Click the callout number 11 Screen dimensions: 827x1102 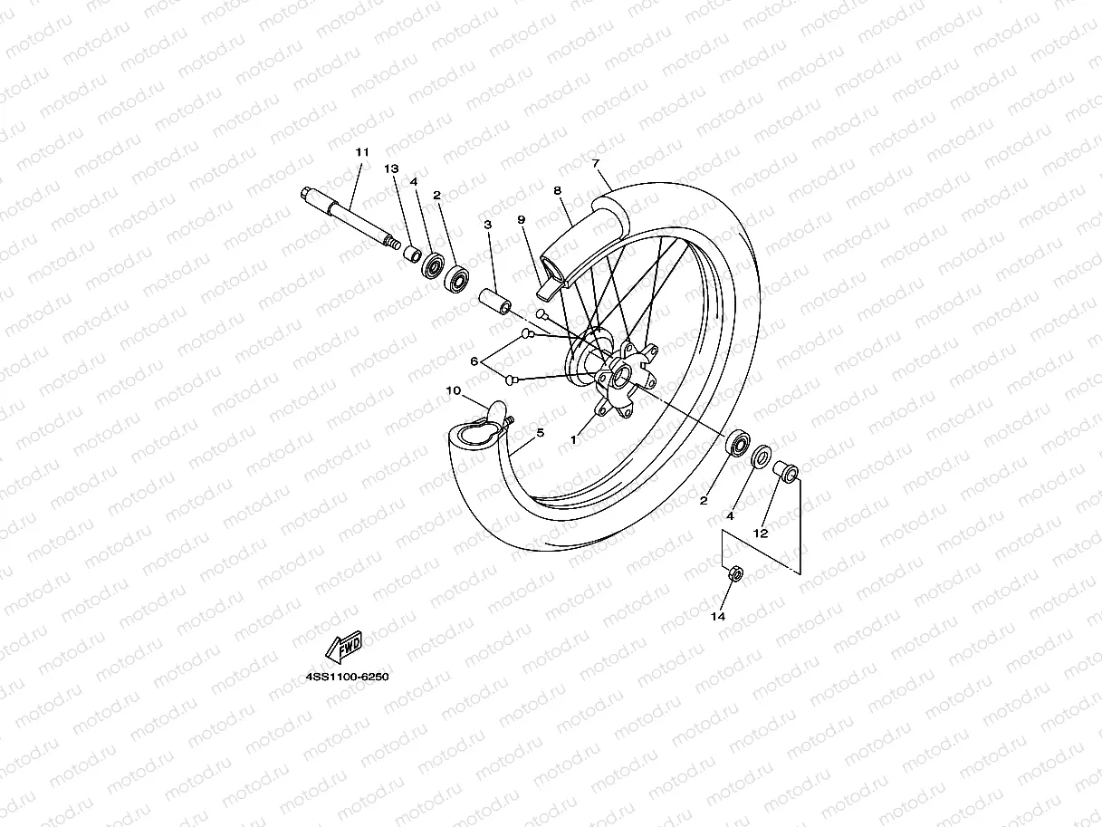click(361, 152)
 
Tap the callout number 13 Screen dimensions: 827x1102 click(391, 169)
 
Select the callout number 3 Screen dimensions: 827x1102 click(487, 224)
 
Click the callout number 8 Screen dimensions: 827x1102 click(558, 191)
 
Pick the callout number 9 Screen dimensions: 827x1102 click(522, 220)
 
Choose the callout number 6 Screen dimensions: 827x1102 click(474, 361)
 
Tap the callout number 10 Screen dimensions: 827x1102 click(454, 390)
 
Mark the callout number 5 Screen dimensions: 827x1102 click(541, 433)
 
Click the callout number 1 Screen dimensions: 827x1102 click(573, 438)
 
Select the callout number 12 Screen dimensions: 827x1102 click(761, 534)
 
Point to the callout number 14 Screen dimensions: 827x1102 click(718, 617)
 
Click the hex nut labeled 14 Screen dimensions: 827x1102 click(735, 573)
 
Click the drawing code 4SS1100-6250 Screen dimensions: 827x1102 click(347, 677)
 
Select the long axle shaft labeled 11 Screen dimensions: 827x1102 click(349, 216)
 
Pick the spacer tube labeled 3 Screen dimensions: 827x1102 click(494, 300)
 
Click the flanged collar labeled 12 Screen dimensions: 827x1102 click(784, 471)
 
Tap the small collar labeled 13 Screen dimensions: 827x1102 click(412, 251)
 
